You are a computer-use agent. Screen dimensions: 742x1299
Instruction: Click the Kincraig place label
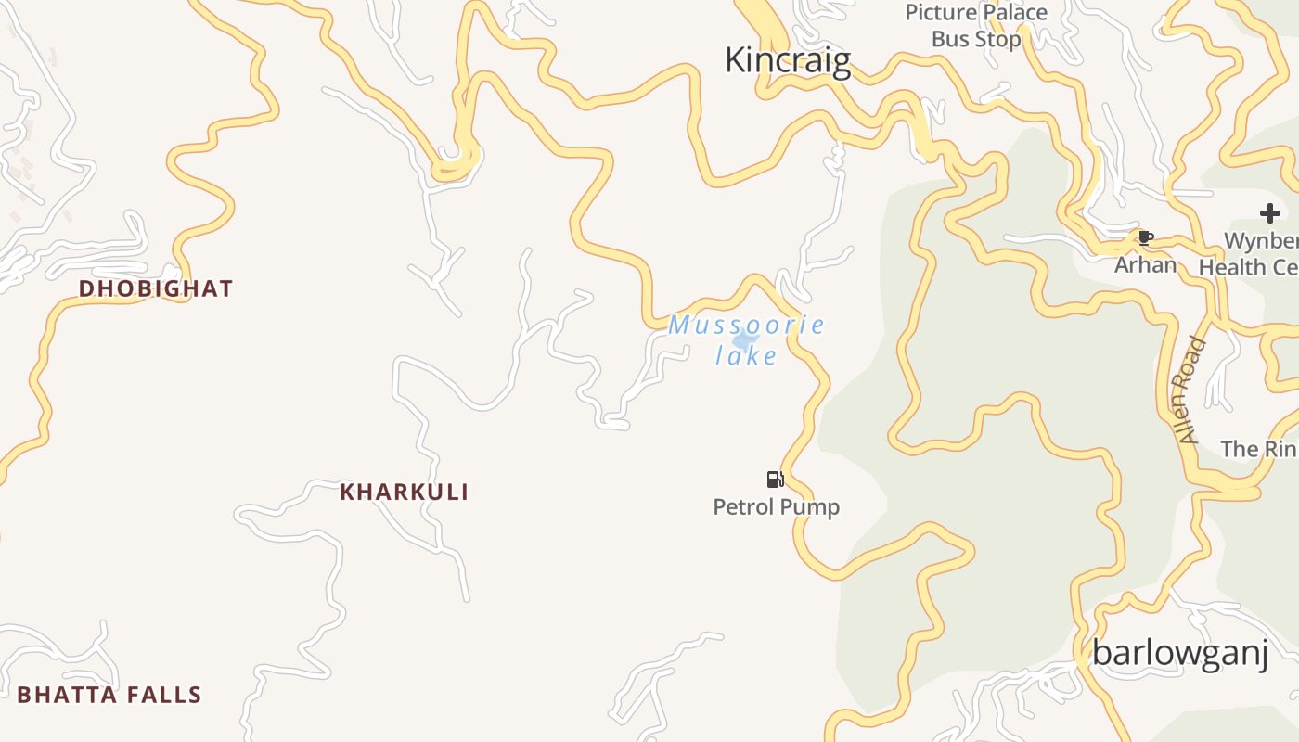pyautogui.click(x=787, y=60)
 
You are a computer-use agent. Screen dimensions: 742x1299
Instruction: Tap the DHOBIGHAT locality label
pyautogui.click(x=156, y=288)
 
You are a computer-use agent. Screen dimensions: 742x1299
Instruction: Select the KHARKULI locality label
pyautogui.click(x=404, y=492)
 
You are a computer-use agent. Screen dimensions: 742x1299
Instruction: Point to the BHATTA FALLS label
pyautogui.click(x=109, y=695)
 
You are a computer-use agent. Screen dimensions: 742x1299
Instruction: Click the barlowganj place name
pyautogui.click(x=1179, y=653)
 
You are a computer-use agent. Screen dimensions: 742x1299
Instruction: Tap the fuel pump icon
pyautogui.click(x=775, y=479)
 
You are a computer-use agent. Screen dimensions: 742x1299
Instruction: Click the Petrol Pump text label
pyautogui.click(x=776, y=507)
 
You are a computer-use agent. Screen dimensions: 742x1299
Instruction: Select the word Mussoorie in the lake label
pyautogui.click(x=746, y=326)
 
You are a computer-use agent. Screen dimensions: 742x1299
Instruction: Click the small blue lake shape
pyautogui.click(x=744, y=340)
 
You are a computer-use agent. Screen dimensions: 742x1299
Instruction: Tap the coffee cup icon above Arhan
pyautogui.click(x=1145, y=237)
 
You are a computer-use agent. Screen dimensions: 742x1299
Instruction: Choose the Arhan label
pyautogui.click(x=1145, y=265)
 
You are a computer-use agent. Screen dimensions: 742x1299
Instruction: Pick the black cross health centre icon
pyautogui.click(x=1269, y=214)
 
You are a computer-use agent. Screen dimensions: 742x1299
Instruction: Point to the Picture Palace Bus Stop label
pyautogui.click(x=976, y=26)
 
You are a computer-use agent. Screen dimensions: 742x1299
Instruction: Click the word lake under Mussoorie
pyautogui.click(x=746, y=355)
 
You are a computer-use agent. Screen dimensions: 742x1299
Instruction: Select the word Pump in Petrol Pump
pyautogui.click(x=809, y=507)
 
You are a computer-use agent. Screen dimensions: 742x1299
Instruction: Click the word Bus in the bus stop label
pyautogui.click(x=949, y=39)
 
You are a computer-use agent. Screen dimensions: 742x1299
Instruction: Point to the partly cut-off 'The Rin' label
pyautogui.click(x=1258, y=449)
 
